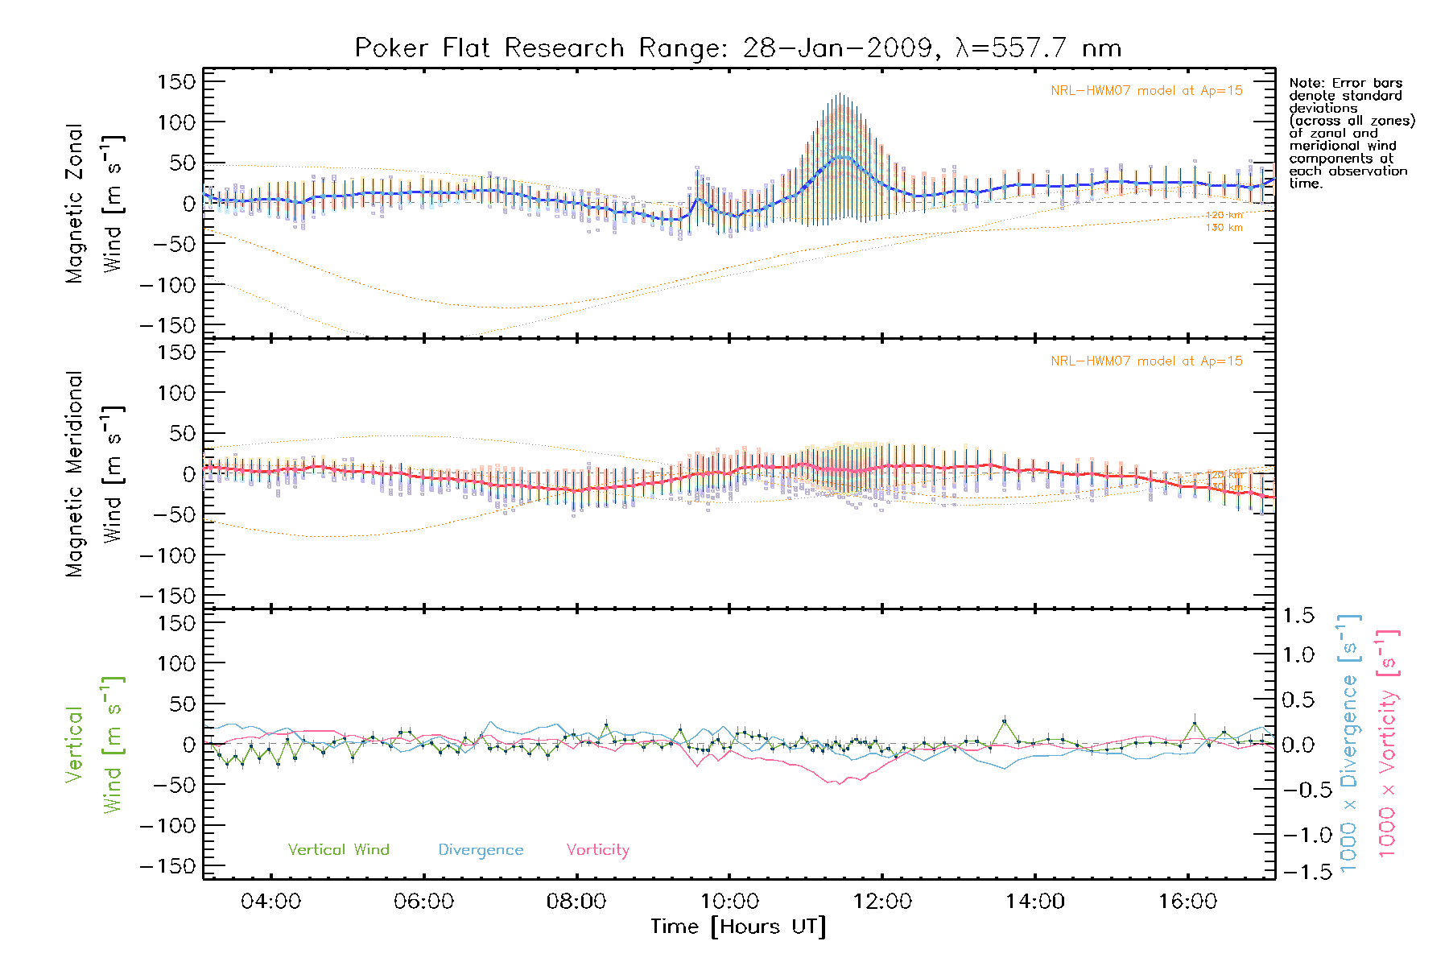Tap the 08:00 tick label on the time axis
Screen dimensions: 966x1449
[x=576, y=902]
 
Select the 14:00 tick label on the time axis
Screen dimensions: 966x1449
[x=1034, y=902]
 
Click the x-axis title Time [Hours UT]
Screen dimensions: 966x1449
[x=738, y=927]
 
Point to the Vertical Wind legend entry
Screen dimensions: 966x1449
[x=338, y=850]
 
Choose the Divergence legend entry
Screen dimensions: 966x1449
[x=481, y=850]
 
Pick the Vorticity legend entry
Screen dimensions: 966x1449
[x=597, y=850]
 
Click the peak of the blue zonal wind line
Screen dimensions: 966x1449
[x=841, y=156]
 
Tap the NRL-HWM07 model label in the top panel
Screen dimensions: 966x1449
[x=1146, y=91]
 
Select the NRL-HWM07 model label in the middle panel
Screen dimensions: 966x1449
[x=1146, y=361]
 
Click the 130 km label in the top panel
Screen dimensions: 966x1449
[x=1224, y=228]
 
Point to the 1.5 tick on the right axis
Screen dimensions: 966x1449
[x=1298, y=616]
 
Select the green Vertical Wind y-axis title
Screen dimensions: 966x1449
[x=93, y=745]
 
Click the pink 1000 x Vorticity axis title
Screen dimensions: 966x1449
[x=1388, y=745]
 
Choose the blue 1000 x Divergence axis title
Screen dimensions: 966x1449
[x=1349, y=745]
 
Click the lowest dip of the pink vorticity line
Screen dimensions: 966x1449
[x=840, y=784]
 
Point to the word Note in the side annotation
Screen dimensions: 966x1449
[x=1305, y=83]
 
